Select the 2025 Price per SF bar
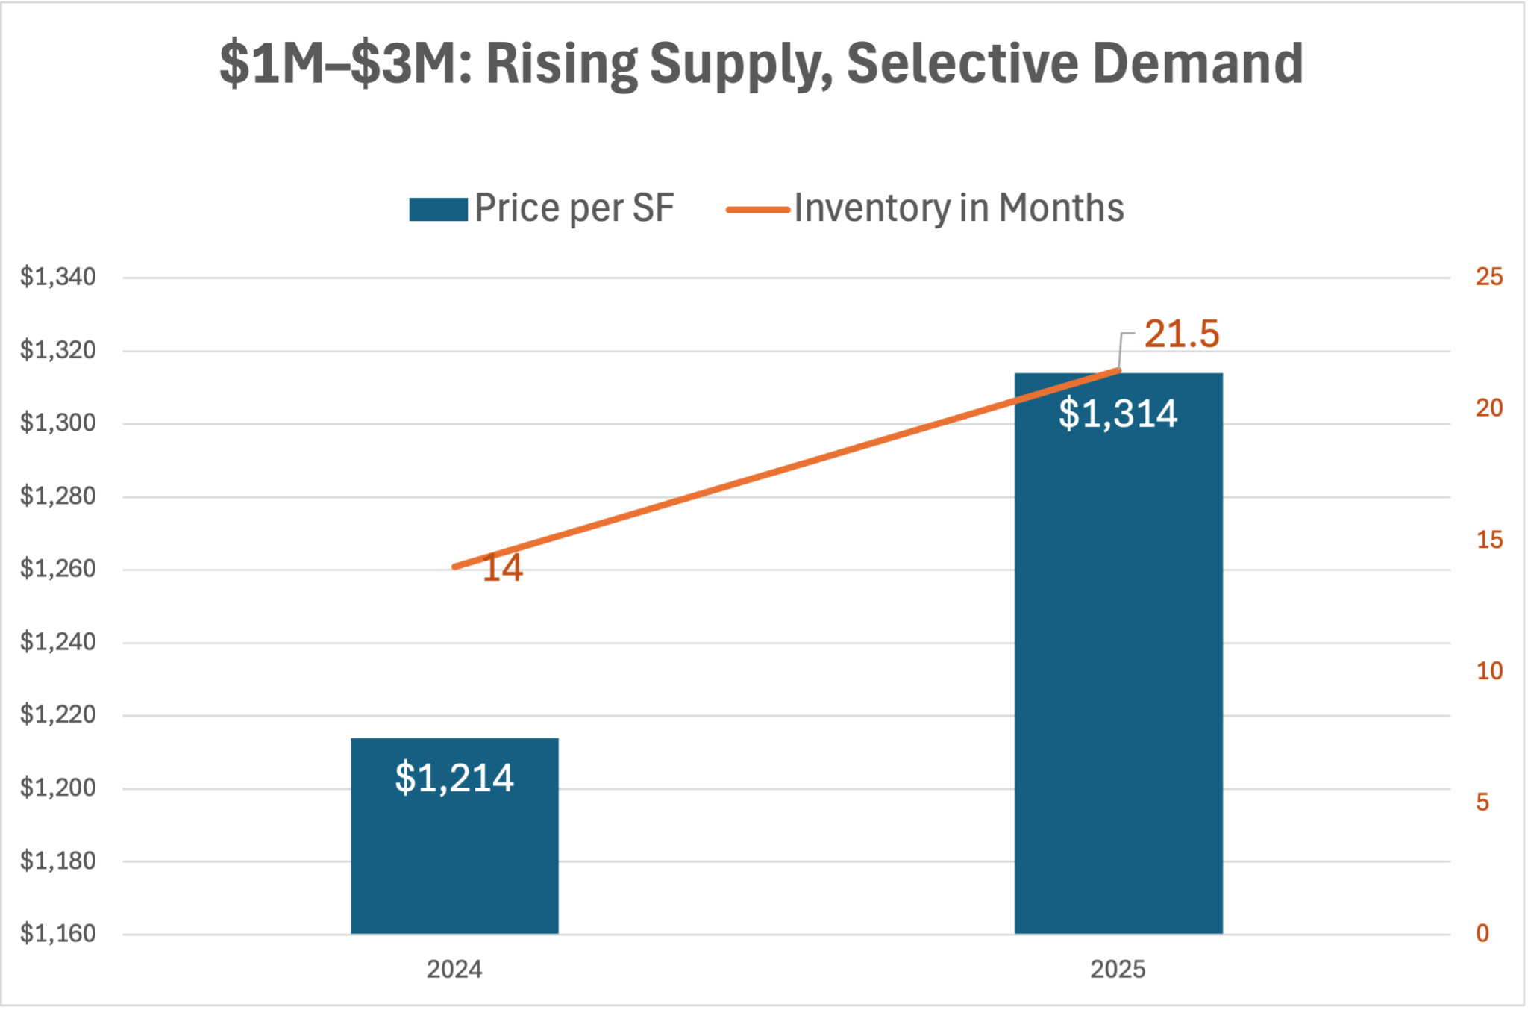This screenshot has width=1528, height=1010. click(1118, 672)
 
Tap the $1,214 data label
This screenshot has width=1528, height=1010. click(454, 778)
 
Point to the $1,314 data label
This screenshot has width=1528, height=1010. click(1118, 414)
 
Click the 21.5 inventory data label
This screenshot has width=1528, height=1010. click(1181, 334)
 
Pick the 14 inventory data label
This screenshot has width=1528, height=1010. click(502, 568)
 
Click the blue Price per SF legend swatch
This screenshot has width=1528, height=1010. click(438, 209)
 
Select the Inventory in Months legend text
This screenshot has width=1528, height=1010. click(959, 208)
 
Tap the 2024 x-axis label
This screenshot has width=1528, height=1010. click(454, 970)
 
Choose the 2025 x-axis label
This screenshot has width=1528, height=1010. click(1118, 970)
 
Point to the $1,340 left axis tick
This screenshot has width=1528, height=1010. click(58, 278)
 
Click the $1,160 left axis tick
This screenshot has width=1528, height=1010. click(58, 934)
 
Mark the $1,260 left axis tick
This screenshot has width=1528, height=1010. click(58, 569)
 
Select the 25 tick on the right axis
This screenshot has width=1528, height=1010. click(1489, 278)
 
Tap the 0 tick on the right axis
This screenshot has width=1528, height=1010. click(1482, 934)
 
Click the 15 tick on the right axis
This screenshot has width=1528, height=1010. click(1489, 540)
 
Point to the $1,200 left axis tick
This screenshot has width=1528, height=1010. click(58, 788)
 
